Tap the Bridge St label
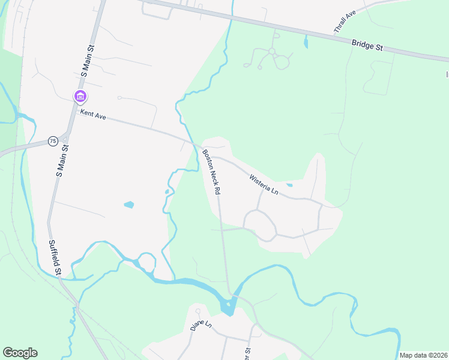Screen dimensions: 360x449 (x=367, y=45)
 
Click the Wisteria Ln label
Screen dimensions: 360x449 (x=265, y=183)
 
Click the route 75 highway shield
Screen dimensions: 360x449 (x=53, y=140)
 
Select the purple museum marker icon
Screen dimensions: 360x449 (x=80, y=96)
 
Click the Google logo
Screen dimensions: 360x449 (x=20, y=353)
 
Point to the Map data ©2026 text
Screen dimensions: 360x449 (x=424, y=355)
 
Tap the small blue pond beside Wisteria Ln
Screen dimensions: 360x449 (x=289, y=185)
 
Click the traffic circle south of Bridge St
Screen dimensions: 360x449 (x=272, y=52)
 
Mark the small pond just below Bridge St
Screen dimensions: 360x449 (x=306, y=43)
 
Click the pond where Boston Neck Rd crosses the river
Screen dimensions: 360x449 (x=228, y=307)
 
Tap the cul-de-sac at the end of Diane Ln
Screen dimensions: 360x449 (x=197, y=311)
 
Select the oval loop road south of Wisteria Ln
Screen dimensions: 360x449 (x=259, y=226)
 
